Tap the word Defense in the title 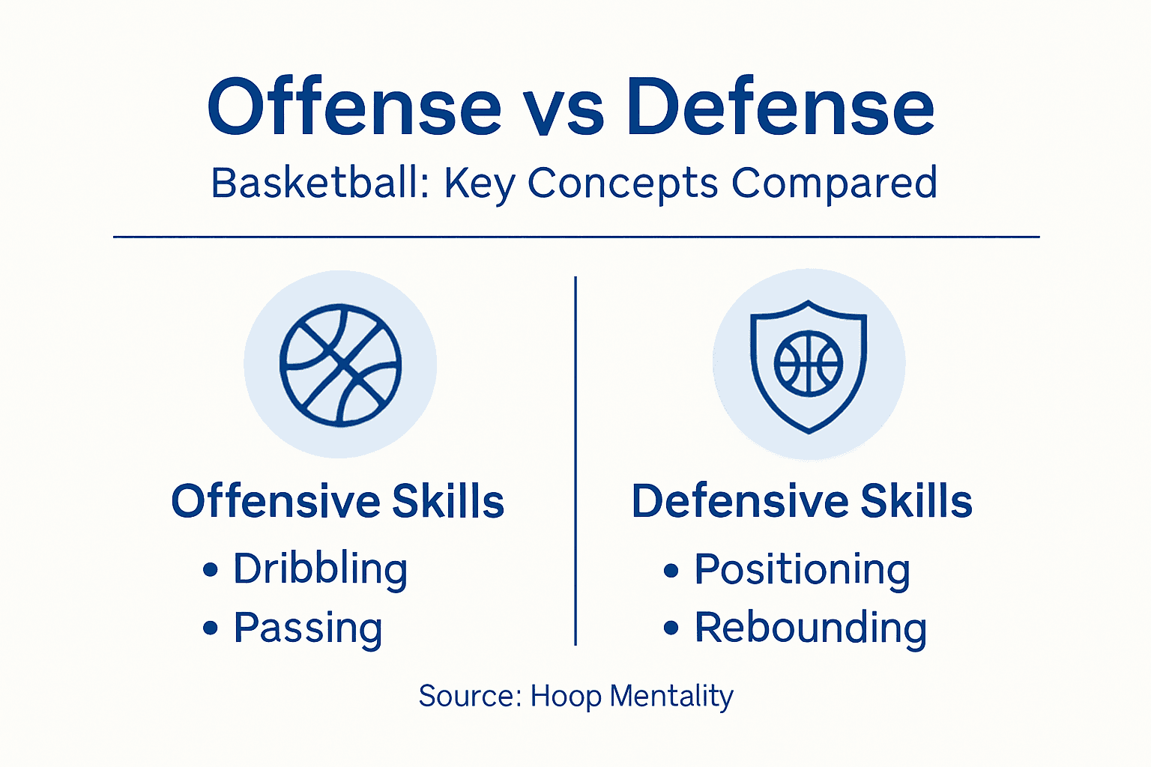coord(781,109)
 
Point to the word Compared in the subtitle coord(834,184)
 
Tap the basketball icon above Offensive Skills coord(340,365)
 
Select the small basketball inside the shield coord(809,363)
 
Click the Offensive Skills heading coord(337,501)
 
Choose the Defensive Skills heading coord(802,501)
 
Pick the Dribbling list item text coord(320,569)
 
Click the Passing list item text coord(308,628)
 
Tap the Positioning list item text coord(802,569)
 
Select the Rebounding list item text coord(810,628)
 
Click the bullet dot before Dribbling coord(211,570)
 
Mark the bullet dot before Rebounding coord(671,628)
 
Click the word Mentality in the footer coord(671,696)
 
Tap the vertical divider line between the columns coord(575,461)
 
